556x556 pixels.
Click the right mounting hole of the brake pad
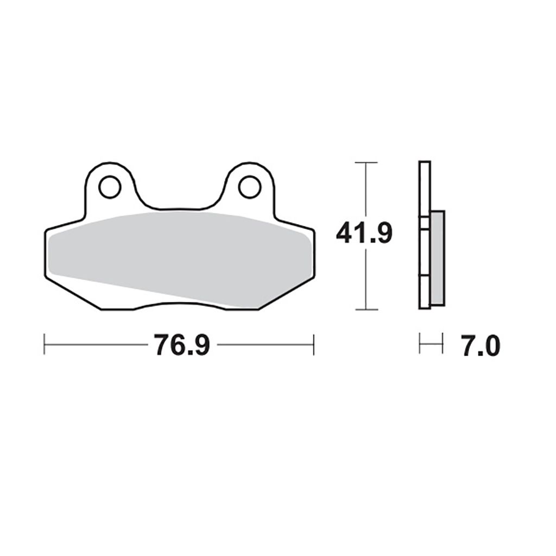pyautogui.click(x=249, y=187)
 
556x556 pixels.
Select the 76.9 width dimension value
pyautogui.click(x=181, y=345)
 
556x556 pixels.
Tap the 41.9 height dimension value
pyautogui.click(x=364, y=233)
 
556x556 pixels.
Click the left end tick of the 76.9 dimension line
pyautogui.click(x=45, y=345)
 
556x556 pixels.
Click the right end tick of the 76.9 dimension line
pyautogui.click(x=314, y=345)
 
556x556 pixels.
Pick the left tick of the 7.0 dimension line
pyautogui.click(x=420, y=344)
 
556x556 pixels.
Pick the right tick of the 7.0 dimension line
pyautogui.click(x=443, y=344)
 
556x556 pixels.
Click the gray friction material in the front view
pyautogui.click(x=179, y=250)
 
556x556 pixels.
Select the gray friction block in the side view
pyautogui.click(x=438, y=258)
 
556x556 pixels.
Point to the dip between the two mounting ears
pyautogui.click(x=179, y=208)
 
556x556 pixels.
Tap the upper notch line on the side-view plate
pyautogui.click(x=425, y=218)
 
